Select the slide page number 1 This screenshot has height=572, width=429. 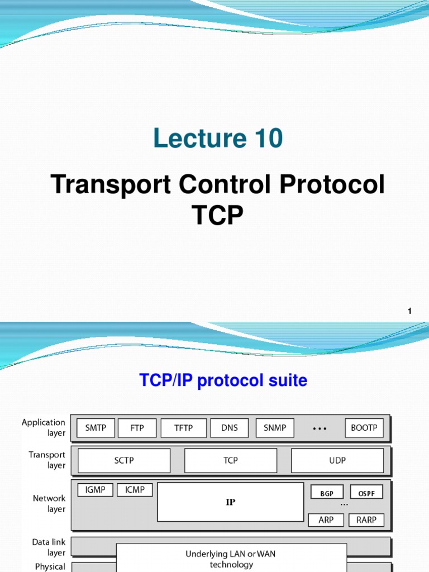[x=409, y=311]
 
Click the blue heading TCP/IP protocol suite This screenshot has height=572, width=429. [x=223, y=381]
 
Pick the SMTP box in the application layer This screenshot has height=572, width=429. [x=96, y=428]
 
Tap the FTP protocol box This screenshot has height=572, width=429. [x=137, y=428]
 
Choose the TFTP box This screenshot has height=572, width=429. [x=184, y=428]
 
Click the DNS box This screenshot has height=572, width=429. [x=230, y=428]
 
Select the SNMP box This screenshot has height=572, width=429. [x=275, y=428]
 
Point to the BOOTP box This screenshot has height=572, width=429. [x=364, y=428]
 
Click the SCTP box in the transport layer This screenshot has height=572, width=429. [x=124, y=461]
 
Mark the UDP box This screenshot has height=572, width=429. [x=337, y=461]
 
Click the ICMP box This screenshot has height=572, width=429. [x=135, y=490]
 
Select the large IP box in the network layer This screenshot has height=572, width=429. [x=230, y=502]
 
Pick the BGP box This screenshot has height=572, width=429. [x=327, y=493]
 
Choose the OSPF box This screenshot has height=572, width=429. [x=366, y=493]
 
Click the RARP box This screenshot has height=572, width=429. [x=366, y=520]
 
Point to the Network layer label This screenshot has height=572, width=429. [x=49, y=503]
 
